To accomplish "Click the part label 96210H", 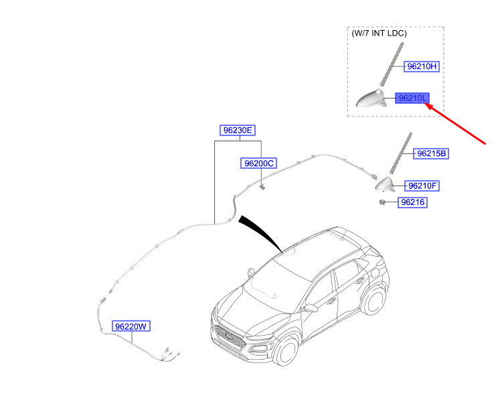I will [x=422, y=67].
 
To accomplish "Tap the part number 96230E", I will [x=238, y=130].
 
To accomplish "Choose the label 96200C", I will [x=260, y=163].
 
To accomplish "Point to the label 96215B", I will [x=431, y=153].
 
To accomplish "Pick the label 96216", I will [x=413, y=202].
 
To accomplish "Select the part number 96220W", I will [x=131, y=327].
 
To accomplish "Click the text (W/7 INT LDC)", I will [x=379, y=33].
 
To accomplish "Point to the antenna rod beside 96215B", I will [x=400, y=153].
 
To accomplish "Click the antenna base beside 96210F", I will [x=386, y=184].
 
